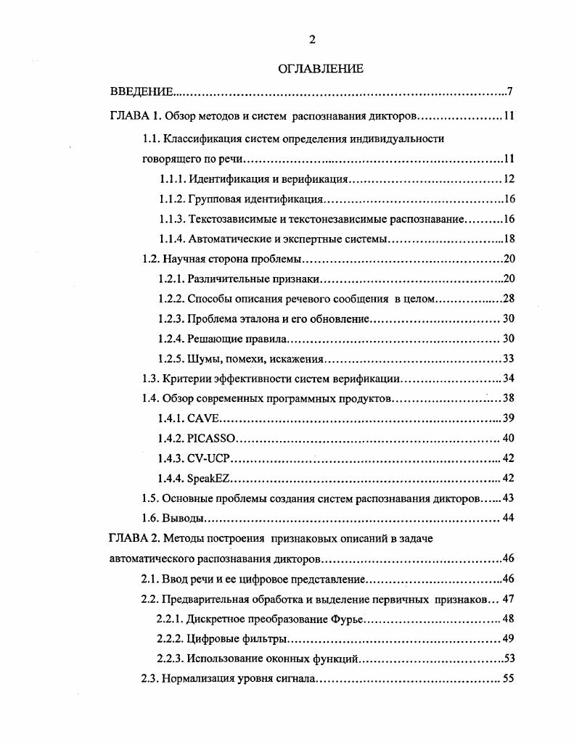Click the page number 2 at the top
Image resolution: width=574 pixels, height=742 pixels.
coord(312,40)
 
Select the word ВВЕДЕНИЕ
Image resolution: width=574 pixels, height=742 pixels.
coord(142,91)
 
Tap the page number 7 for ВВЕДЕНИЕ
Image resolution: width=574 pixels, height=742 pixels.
coord(510,91)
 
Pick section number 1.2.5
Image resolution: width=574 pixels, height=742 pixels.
coord(171,358)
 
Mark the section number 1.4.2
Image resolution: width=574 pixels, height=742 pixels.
coord(171,438)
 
